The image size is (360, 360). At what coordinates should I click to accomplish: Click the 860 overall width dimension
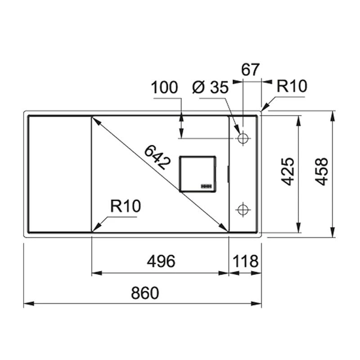[145, 293]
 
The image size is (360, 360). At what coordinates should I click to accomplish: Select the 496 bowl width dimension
[161, 261]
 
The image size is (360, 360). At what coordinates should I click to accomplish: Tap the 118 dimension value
[245, 261]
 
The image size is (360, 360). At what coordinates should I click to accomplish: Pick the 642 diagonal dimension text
[157, 158]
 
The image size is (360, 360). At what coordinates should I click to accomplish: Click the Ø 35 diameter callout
[210, 87]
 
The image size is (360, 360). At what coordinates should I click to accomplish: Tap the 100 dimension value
[164, 87]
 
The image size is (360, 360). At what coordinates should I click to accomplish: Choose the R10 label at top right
[291, 86]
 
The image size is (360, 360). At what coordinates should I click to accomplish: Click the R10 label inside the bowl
[126, 207]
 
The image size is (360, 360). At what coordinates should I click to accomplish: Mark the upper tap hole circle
[243, 138]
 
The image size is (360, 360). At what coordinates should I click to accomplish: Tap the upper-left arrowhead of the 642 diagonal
[94, 120]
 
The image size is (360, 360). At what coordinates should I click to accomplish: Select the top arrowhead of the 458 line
[332, 114]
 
